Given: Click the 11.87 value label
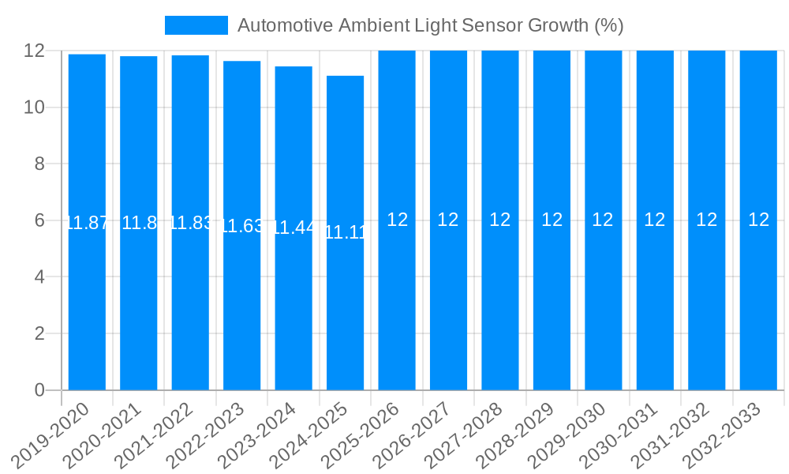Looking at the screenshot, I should tap(87, 223).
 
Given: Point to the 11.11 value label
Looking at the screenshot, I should tap(346, 232).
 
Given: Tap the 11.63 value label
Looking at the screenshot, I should tap(242, 226).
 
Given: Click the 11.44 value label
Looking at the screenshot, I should tap(294, 228).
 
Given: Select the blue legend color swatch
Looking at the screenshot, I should tap(196, 25).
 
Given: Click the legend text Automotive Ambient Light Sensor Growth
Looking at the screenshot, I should tap(430, 25).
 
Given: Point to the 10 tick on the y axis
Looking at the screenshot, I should tap(34, 107).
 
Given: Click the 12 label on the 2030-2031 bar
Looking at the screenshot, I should tap(655, 220).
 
